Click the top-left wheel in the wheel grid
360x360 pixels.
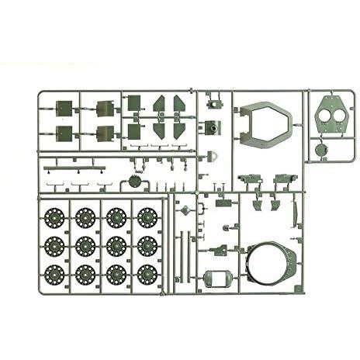pyautogui.click(x=54, y=217)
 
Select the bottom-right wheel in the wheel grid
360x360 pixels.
pyautogui.click(x=147, y=274)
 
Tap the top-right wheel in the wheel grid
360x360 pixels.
pyautogui.click(x=147, y=217)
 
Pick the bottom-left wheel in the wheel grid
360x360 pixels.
pyautogui.click(x=54, y=274)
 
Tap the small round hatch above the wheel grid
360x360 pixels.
pyautogui.click(x=134, y=182)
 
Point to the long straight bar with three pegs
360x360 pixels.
pyautogui.click(x=73, y=166)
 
